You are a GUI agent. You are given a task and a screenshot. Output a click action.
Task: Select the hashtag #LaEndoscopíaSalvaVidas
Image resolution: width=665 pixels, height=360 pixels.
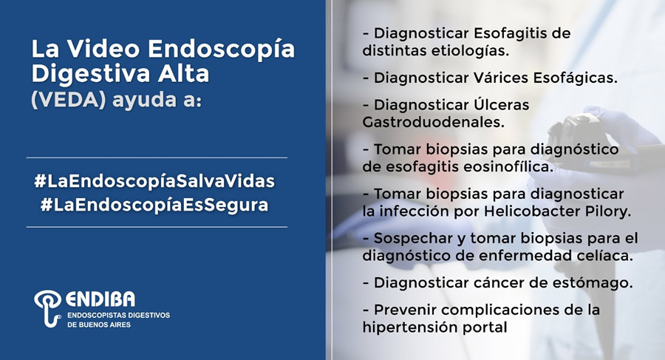point(155,181)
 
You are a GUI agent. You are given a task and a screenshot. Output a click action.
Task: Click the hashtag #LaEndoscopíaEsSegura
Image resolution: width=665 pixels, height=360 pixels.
point(155,205)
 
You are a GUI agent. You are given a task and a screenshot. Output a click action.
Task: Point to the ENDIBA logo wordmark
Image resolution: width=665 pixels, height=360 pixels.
point(100,299)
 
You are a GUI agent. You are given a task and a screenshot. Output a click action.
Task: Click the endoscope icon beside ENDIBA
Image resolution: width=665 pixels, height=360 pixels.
point(47,308)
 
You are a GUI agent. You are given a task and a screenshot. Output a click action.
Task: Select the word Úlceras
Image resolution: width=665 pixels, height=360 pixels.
point(501,104)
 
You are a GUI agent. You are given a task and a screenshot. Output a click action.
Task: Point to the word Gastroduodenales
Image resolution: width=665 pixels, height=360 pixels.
point(434,122)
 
